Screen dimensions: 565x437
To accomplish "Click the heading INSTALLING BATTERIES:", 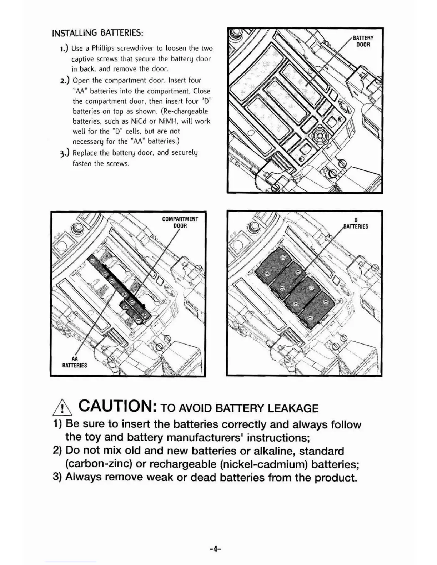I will click(97, 33).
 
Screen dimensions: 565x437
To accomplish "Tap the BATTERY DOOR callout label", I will click(363, 41).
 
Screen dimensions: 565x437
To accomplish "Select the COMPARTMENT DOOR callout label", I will click(180, 222).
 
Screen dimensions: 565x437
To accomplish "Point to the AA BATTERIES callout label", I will click(75, 362).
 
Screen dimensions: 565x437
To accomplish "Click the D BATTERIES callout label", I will click(356, 223).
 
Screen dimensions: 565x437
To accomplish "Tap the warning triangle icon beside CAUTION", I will click(62, 408).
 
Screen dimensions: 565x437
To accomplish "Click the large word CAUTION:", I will click(117, 406).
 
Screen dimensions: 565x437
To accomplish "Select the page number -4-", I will click(215, 549).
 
